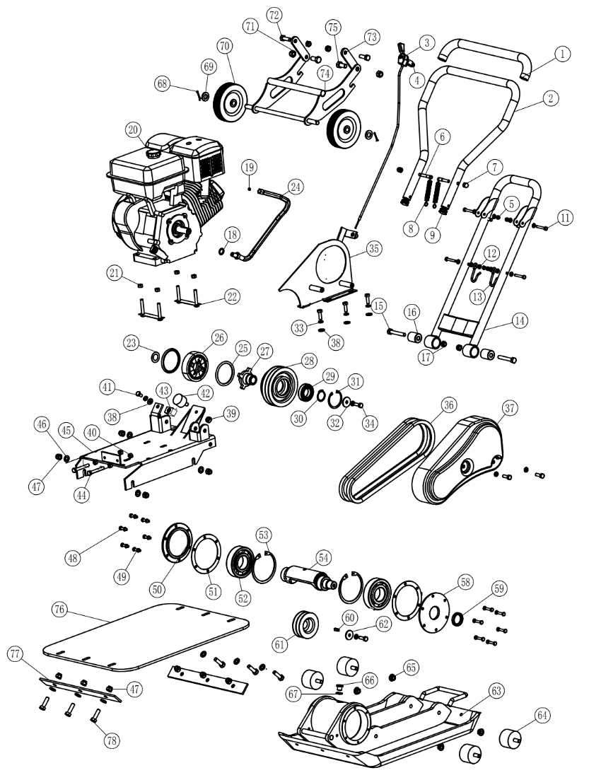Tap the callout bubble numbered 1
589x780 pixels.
pyautogui.click(x=561, y=53)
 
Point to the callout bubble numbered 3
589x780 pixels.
pyautogui.click(x=426, y=42)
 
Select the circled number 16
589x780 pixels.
pyautogui.click(x=412, y=312)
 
